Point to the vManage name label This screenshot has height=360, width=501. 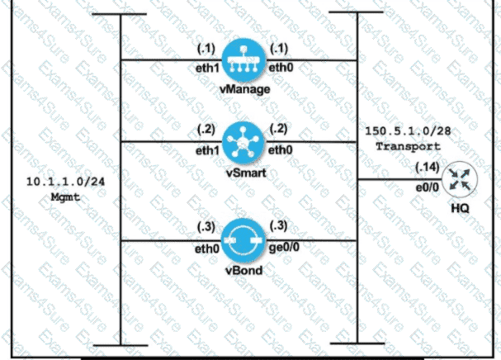(x=241, y=88)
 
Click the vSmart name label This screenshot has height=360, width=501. (x=241, y=170)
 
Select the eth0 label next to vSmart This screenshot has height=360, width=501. (x=282, y=151)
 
